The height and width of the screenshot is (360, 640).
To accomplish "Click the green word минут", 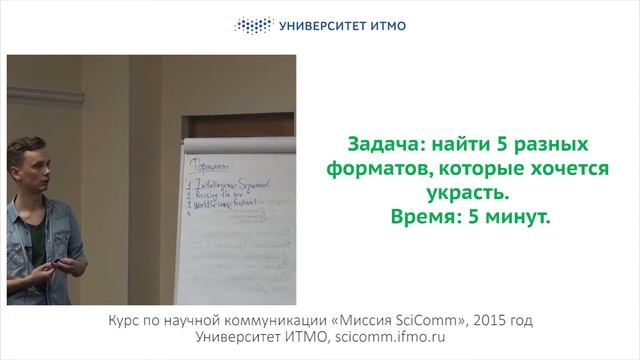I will pyautogui.click(x=519, y=215).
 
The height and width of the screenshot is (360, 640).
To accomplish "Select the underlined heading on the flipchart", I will pyautogui.click(x=209, y=165).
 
